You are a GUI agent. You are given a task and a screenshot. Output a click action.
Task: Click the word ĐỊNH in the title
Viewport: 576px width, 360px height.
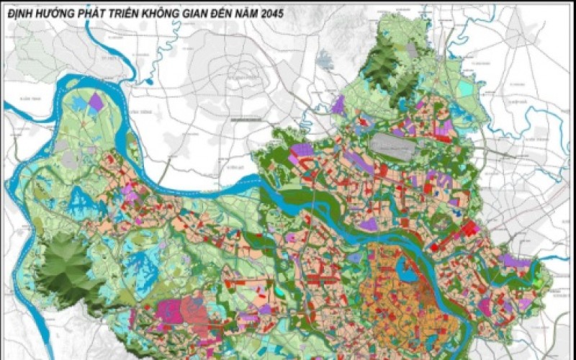tap(21, 13)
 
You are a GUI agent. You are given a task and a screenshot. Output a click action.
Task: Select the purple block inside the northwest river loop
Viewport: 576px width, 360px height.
tap(96, 102)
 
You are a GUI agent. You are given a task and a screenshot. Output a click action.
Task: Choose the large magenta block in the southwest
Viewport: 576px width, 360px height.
tap(170, 313)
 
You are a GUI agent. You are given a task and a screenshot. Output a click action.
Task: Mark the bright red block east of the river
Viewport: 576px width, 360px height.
tap(471, 230)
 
